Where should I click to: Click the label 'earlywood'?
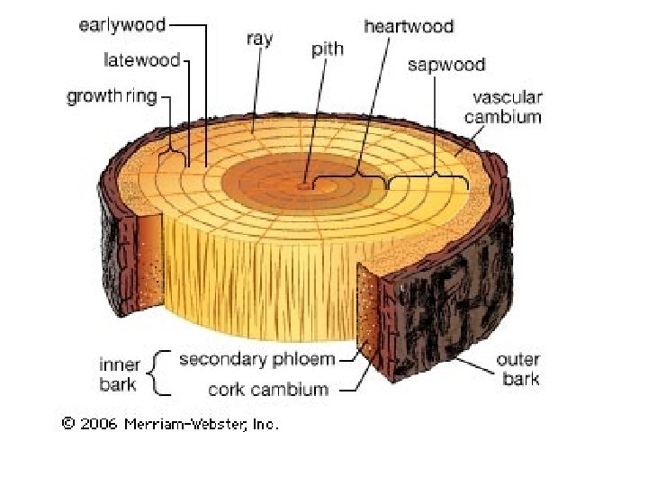pos(122,25)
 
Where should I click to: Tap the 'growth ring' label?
pos(112,95)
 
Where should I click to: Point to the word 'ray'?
pos(259,40)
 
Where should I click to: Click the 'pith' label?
pos(328,49)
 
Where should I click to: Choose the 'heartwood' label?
pos(409,26)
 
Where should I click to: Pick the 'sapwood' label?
pos(446,65)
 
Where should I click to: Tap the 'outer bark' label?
pos(519,370)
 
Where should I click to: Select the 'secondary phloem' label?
pos(257,360)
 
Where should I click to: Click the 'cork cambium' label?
pos(268,390)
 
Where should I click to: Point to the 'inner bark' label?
pos(120,374)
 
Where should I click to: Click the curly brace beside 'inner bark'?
pos(159,373)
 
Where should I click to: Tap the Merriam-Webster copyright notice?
pos(170,423)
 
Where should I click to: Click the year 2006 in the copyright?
pos(99,423)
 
